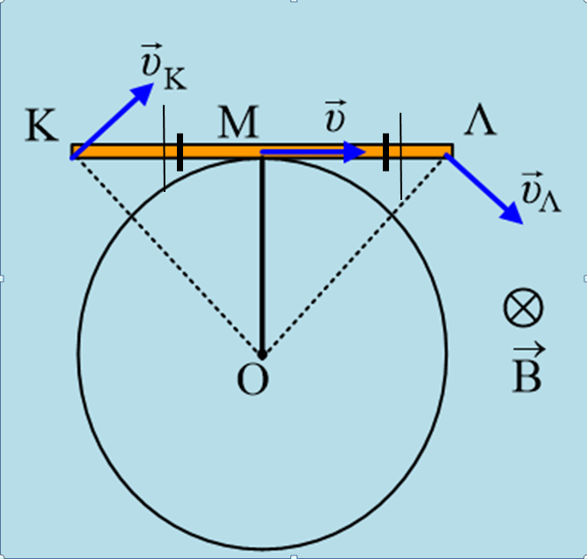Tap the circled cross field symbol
524,310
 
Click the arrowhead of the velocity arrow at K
143,91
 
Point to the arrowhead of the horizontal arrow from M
356,152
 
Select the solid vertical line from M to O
261,255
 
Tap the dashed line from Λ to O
352,255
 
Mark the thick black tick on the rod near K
180,152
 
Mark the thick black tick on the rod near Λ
385,152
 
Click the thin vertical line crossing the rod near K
164,176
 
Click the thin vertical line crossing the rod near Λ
400,180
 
